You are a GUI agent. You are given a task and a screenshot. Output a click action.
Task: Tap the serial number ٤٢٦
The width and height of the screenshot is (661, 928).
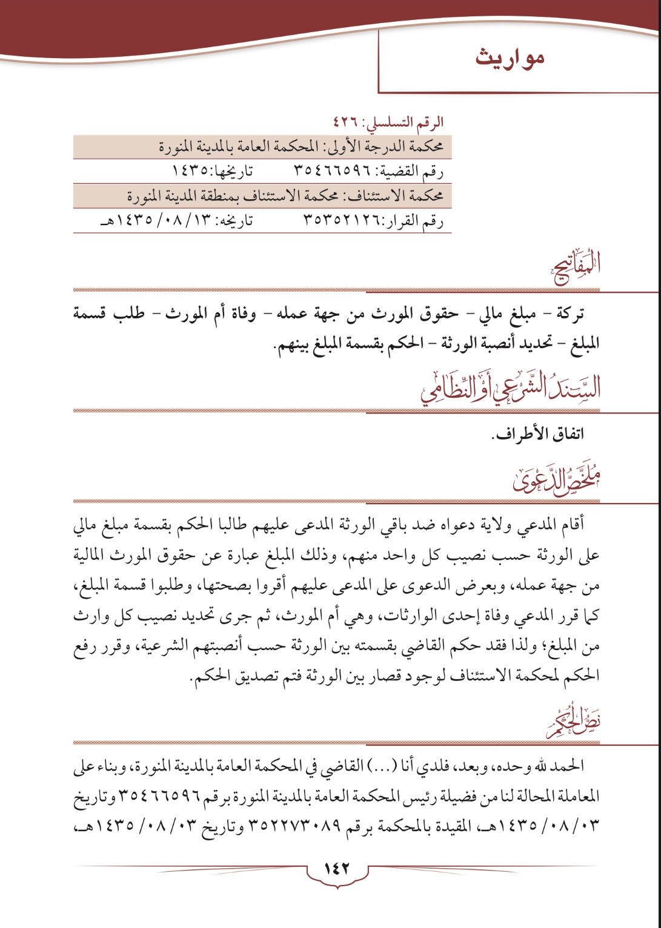(x=347, y=122)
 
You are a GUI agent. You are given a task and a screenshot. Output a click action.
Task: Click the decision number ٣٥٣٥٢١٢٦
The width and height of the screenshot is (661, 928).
(x=341, y=222)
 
